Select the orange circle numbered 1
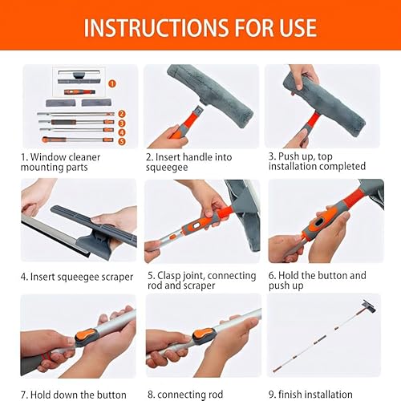click(111, 82)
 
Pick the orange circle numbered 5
click(122, 141)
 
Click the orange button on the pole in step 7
click(84, 336)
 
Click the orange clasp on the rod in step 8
click(211, 337)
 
